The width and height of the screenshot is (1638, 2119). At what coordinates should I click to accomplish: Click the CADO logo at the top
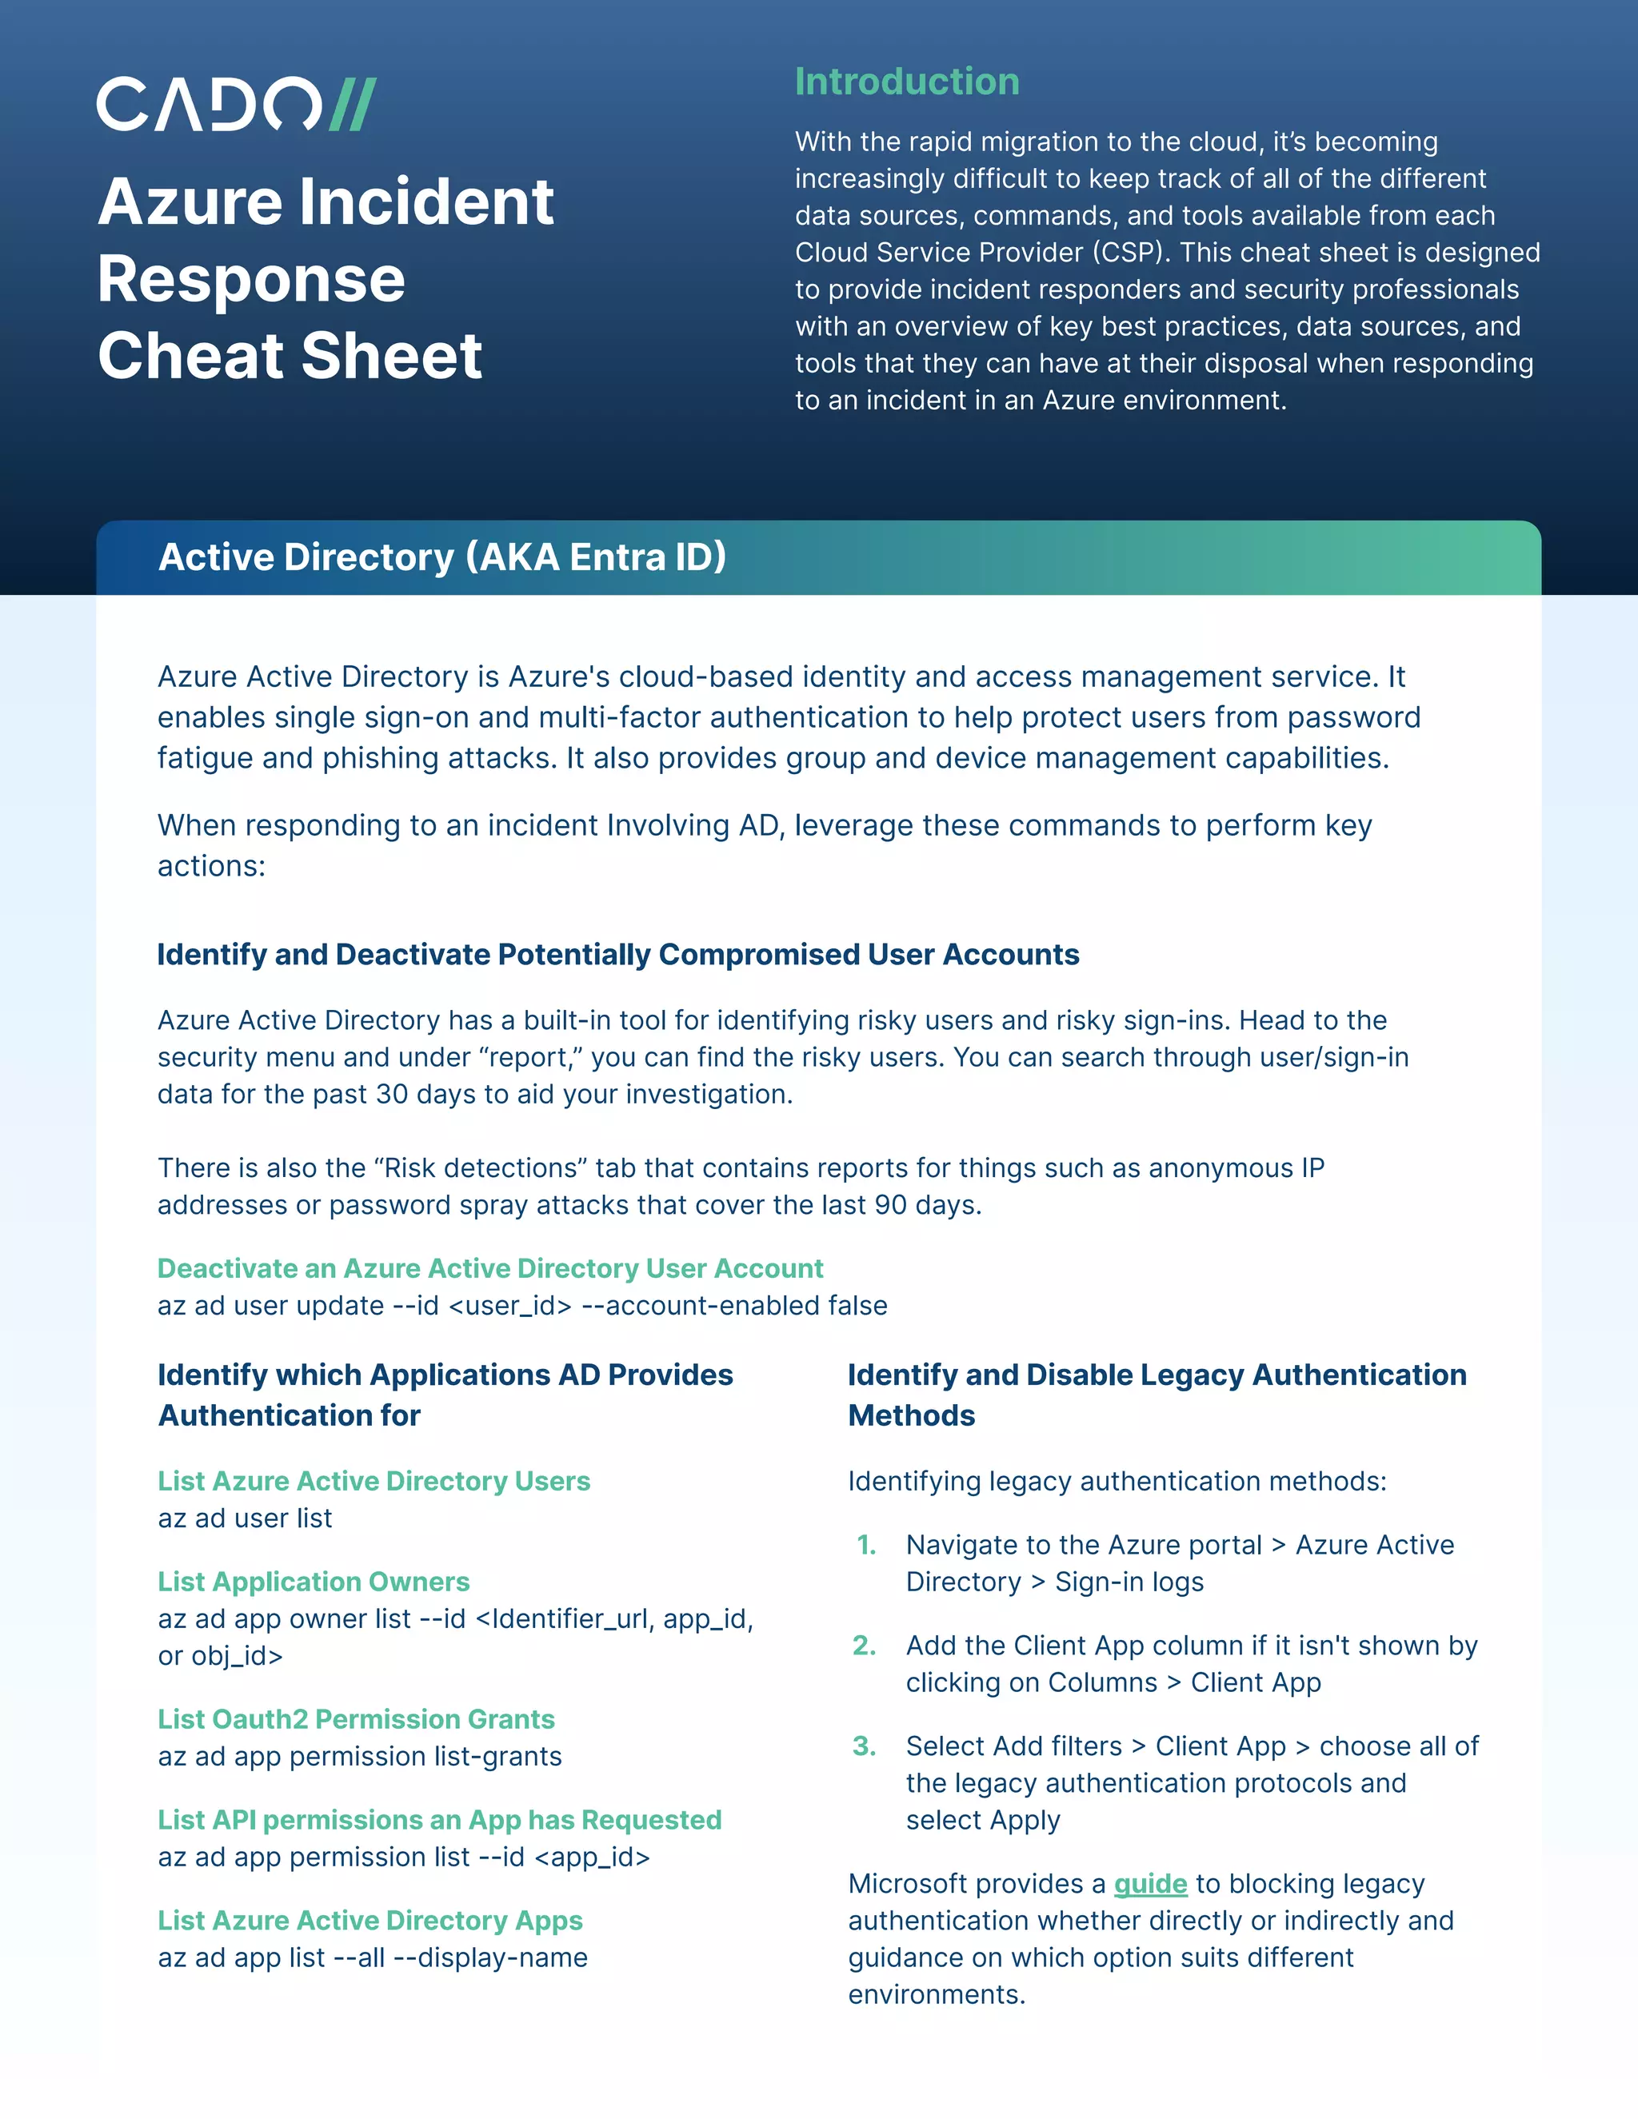tap(236, 104)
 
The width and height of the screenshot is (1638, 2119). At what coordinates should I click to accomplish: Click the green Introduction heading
tap(906, 82)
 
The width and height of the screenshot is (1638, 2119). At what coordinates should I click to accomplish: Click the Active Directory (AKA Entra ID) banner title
tap(441, 557)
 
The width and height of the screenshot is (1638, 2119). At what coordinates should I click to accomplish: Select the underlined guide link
tap(1150, 1883)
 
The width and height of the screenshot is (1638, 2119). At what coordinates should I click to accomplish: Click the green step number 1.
tap(866, 1545)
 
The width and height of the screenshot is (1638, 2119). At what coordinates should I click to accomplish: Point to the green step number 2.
tap(865, 1646)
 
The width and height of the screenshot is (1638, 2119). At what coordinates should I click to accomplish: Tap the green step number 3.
tap(865, 1746)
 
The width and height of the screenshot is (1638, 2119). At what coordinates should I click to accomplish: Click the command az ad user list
tap(245, 1518)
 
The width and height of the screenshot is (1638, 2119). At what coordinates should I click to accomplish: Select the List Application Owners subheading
tap(314, 1582)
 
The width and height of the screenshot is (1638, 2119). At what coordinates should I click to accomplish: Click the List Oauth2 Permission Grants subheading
tap(356, 1719)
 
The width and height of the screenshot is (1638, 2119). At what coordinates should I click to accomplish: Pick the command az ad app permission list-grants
tap(360, 1756)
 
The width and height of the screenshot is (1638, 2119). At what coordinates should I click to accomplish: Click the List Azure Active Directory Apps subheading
tap(370, 1920)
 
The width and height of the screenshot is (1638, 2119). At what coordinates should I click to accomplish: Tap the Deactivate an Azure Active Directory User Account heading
tap(490, 1268)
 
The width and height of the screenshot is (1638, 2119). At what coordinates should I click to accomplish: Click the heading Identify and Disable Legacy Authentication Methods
tap(1157, 1395)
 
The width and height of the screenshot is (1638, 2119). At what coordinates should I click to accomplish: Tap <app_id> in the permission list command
tap(592, 1856)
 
